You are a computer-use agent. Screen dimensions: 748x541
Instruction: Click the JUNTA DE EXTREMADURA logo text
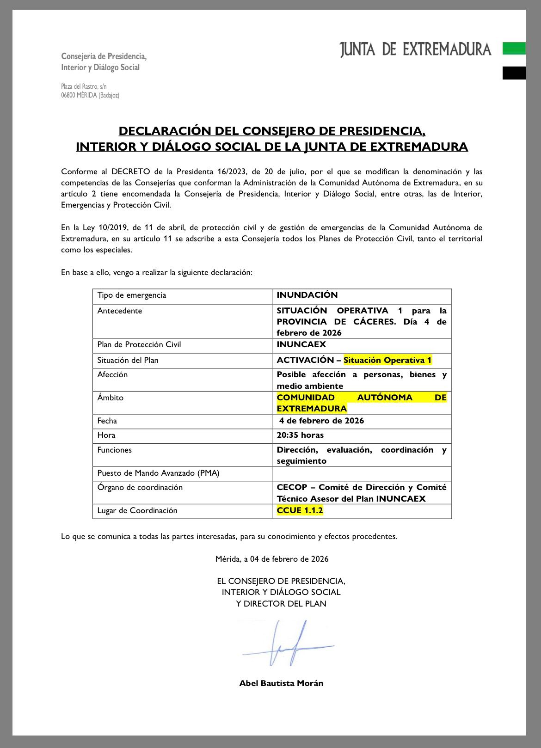pyautogui.click(x=415, y=49)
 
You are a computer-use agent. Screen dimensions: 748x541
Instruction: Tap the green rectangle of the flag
pyautogui.click(x=514, y=49)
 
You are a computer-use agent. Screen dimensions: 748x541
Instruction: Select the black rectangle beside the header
pyautogui.click(x=514, y=73)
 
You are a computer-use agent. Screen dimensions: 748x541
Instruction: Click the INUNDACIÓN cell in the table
pyautogui.click(x=307, y=295)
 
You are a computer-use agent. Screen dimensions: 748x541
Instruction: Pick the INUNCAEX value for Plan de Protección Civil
pyautogui.click(x=301, y=344)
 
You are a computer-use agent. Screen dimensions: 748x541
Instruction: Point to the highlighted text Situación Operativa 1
pyautogui.click(x=387, y=360)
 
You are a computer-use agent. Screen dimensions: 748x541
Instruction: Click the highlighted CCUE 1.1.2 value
pyautogui.click(x=300, y=510)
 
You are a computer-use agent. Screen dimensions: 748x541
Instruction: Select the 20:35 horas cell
pyautogui.click(x=300, y=435)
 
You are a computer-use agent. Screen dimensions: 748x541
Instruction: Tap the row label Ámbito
pyautogui.click(x=111, y=398)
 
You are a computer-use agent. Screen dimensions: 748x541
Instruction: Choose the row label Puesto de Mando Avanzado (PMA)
pyautogui.click(x=158, y=473)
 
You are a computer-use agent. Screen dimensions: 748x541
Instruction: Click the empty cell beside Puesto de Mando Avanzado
pyautogui.click(x=362, y=473)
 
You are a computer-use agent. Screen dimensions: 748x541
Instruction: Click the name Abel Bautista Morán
pyautogui.click(x=281, y=683)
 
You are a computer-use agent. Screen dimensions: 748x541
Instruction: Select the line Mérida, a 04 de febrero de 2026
pyautogui.click(x=272, y=559)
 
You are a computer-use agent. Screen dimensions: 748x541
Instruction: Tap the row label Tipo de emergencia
pyautogui.click(x=131, y=295)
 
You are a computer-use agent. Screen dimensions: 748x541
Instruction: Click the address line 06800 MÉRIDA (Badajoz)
pyautogui.click(x=90, y=95)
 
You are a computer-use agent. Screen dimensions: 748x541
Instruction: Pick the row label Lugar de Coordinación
pyautogui.click(x=137, y=510)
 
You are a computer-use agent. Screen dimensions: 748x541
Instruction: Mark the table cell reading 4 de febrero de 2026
pyautogui.click(x=321, y=421)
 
